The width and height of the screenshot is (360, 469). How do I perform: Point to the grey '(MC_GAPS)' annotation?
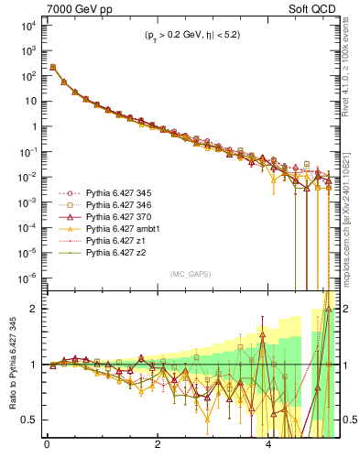tap(187, 273)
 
